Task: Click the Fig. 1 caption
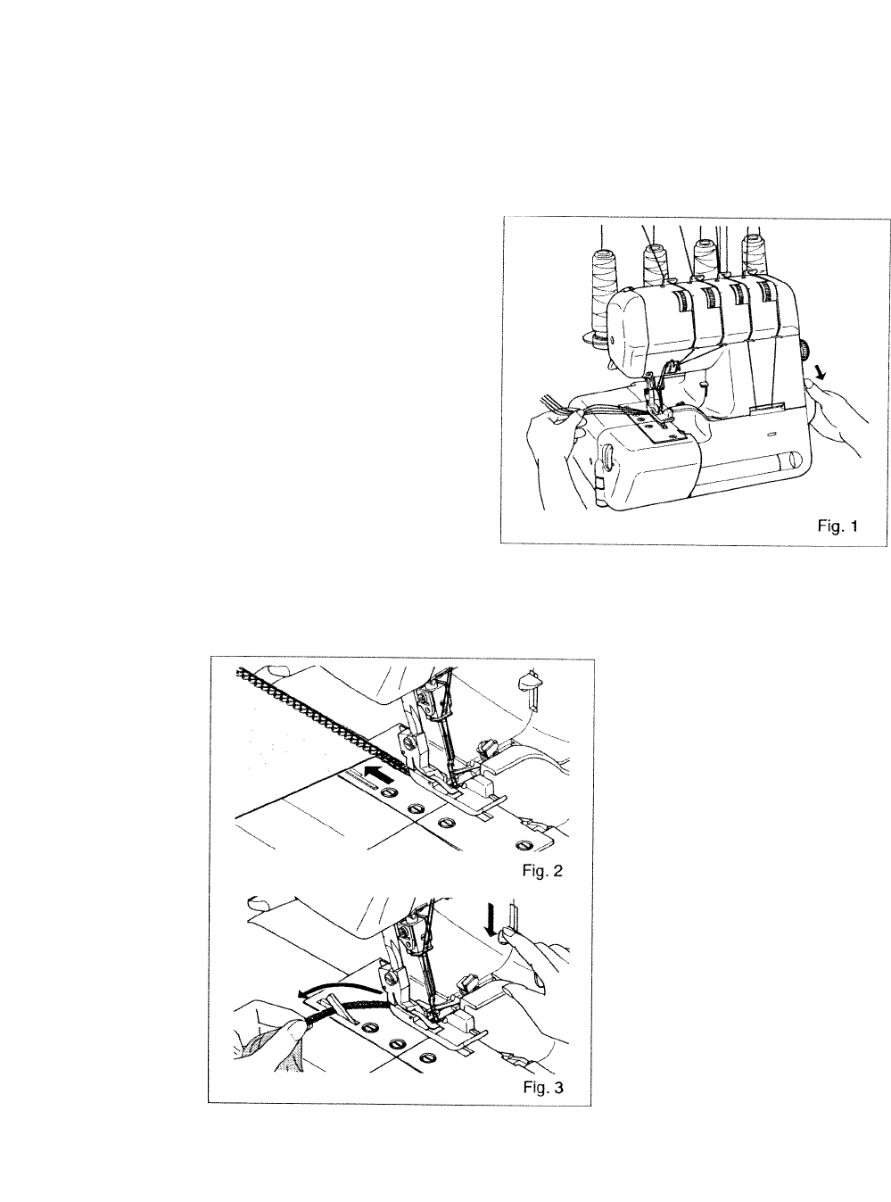pyautogui.click(x=837, y=526)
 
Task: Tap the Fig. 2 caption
pyautogui.click(x=542, y=870)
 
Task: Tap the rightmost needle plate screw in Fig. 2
pyautogui.click(x=523, y=845)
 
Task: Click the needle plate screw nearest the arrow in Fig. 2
pyautogui.click(x=388, y=792)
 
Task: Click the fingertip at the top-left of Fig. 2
pyautogui.click(x=276, y=671)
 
